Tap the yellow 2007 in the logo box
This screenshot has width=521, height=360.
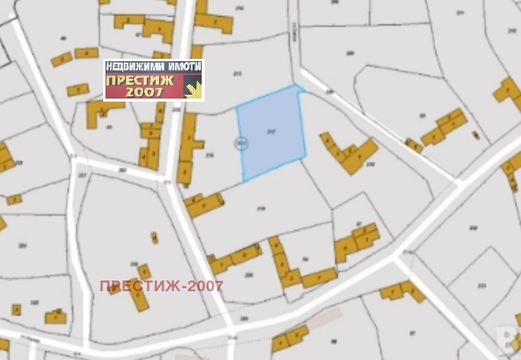point(144,92)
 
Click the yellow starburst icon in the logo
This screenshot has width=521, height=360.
point(194,89)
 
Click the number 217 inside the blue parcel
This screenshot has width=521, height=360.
point(271,131)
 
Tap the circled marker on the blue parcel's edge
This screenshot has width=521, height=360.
point(241,141)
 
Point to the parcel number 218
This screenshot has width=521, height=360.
point(371,164)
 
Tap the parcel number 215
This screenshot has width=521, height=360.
point(237,73)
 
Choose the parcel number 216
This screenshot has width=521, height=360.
point(209,154)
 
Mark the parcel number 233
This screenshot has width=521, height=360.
point(481,286)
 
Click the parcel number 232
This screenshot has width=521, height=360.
point(472,228)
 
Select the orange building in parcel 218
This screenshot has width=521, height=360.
point(348,153)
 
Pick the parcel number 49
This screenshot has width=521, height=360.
point(109,127)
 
